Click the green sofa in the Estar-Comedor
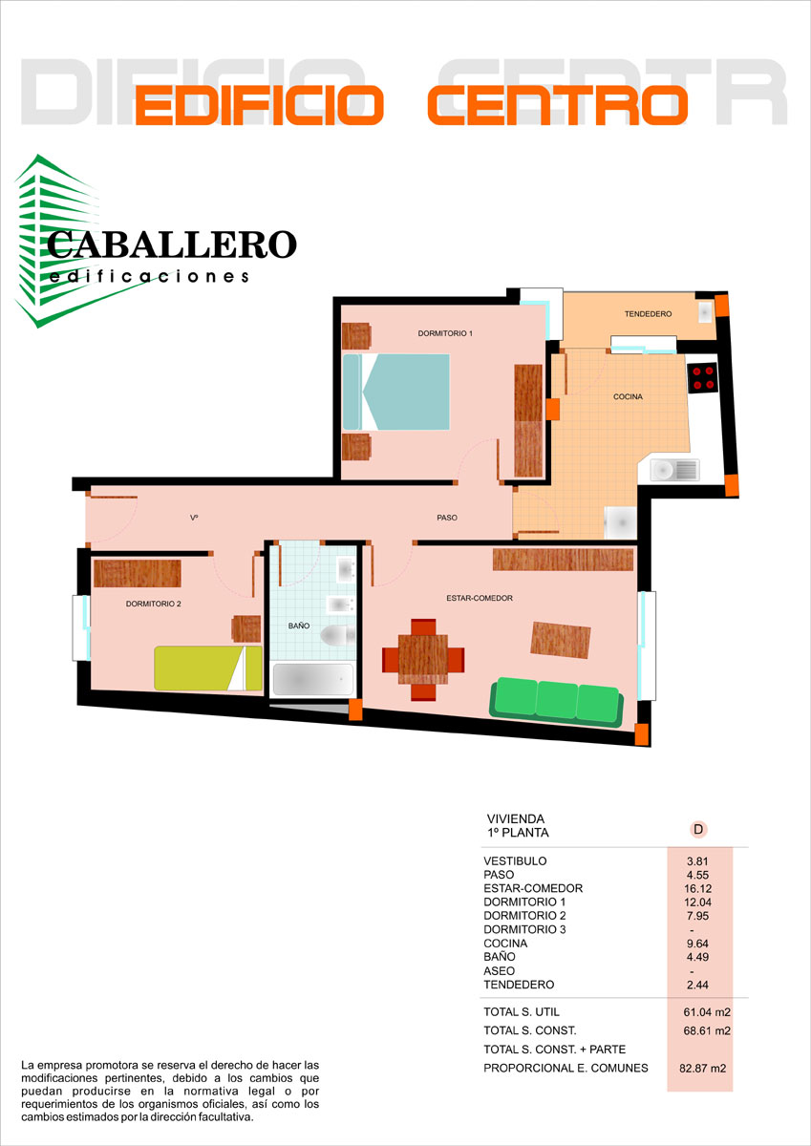pos(557,701)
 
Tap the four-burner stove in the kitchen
pos(702,378)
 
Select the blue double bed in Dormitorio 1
pos(396,392)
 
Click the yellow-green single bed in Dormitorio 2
pos(208,668)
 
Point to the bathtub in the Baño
pos(312,679)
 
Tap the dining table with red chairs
pos(423,660)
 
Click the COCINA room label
pos(628,396)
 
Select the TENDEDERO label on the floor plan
pos(648,314)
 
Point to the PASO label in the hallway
pos(447,518)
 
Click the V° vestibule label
pos(194,518)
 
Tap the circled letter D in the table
pos(698,829)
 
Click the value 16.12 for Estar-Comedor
pos(698,889)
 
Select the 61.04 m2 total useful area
pos(707,1012)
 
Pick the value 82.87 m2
pos(702,1069)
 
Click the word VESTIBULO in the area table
pos(515,861)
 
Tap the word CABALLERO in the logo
pos(172,244)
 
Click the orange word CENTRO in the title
pos(558,105)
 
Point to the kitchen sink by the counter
pos(674,470)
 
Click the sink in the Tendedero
pos(706,311)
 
